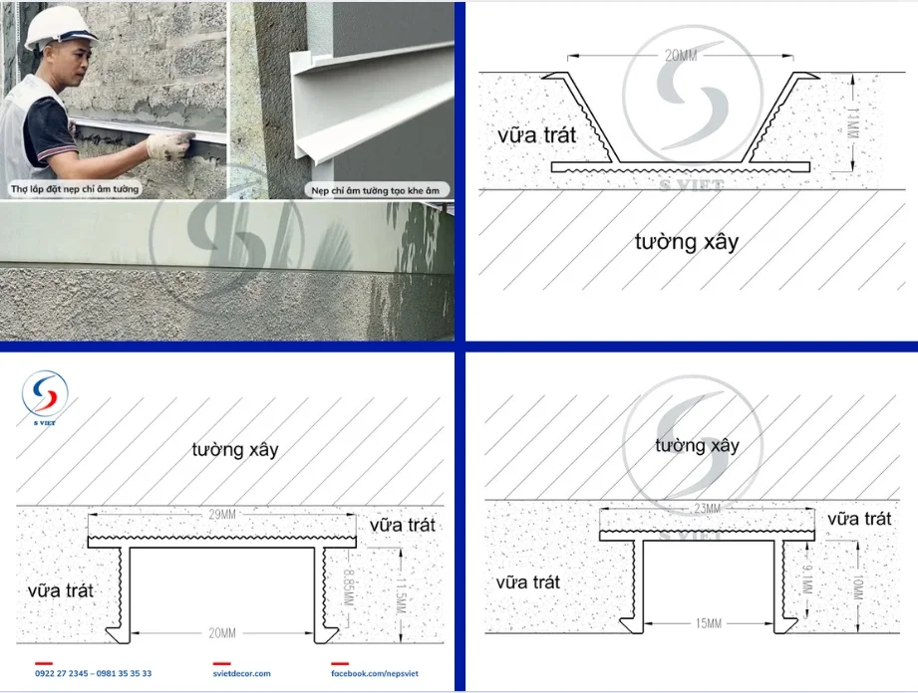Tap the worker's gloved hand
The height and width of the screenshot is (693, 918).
pos(168,145)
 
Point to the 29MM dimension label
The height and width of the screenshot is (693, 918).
pos(222,514)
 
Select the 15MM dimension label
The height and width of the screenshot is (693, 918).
pos(708,623)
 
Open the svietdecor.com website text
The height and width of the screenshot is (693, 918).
pos(241,674)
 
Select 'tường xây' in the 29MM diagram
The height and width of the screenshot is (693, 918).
pos(235,449)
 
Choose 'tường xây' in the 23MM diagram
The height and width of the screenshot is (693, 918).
pos(697,445)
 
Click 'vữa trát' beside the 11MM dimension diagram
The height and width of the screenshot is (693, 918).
pos(536,135)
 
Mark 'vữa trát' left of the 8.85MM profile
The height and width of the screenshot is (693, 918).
pos(61,589)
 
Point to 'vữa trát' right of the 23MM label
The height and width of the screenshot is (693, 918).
pos(859,519)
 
